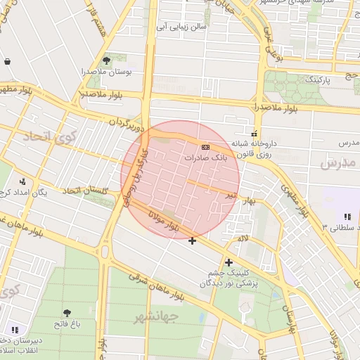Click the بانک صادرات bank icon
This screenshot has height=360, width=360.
(x=205, y=147)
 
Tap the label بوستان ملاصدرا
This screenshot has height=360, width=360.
(x=128, y=72)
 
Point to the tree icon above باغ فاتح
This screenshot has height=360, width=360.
(x=67, y=313)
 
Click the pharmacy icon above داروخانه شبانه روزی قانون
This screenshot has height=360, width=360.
(x=254, y=134)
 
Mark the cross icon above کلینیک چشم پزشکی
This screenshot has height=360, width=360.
(x=229, y=262)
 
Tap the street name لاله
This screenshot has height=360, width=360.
(x=244, y=240)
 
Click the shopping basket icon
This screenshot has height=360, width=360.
(x=7, y=61)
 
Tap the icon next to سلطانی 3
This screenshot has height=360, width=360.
(x=347, y=216)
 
